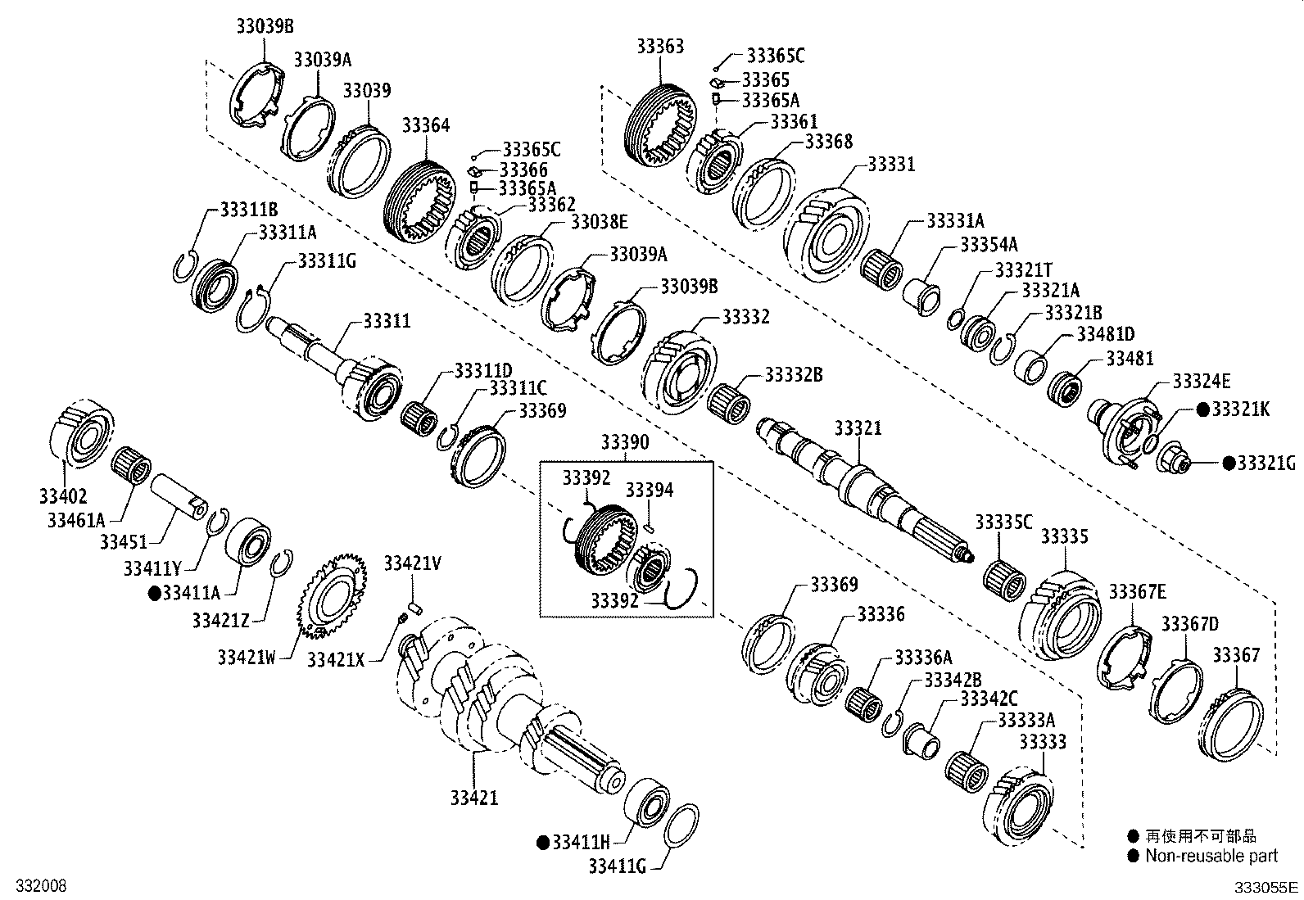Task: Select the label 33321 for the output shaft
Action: tap(858, 428)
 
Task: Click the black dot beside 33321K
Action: tap(1203, 409)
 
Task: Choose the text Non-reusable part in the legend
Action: tap(1211, 856)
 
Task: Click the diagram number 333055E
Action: tap(1266, 887)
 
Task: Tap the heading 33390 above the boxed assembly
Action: tap(624, 443)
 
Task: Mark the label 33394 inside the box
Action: tap(650, 490)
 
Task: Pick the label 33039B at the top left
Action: tap(264, 25)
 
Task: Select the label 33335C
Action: tap(1003, 522)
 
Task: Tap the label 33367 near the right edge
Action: tap(1236, 654)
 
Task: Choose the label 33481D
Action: tap(1105, 333)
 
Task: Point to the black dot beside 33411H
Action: tap(542, 842)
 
